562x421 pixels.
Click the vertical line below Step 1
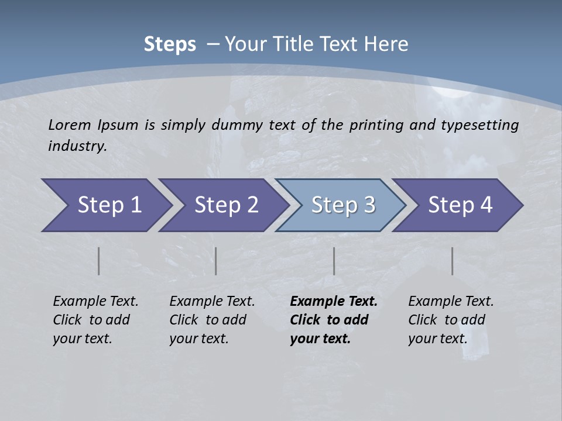99,261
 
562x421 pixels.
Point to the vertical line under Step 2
216,261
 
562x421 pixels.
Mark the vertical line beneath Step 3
334,261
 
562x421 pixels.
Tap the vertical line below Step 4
453,261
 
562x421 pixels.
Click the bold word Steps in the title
170,44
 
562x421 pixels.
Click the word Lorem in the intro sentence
69,125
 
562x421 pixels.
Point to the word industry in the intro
77,146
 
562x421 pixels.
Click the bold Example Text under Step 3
334,302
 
